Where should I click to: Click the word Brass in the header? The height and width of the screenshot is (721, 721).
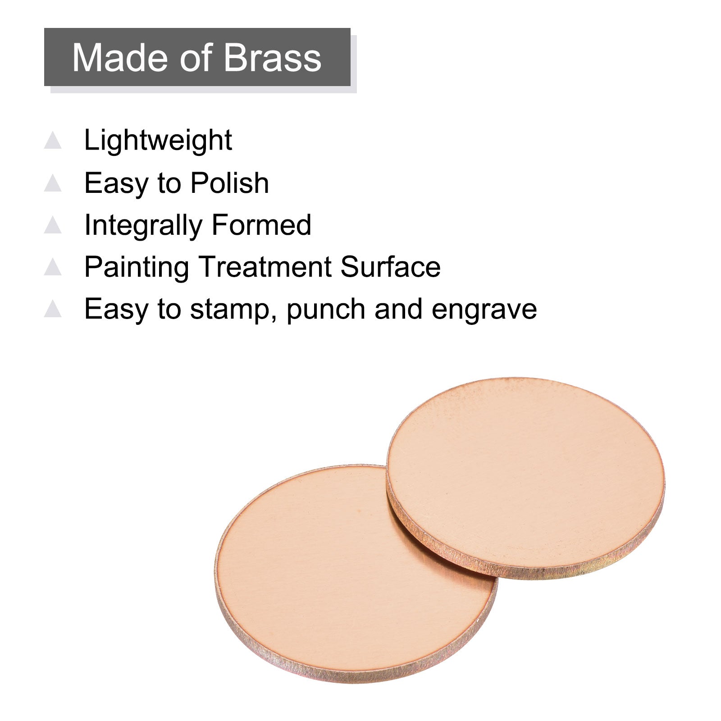click(x=272, y=58)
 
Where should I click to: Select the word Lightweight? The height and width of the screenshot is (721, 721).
click(x=158, y=141)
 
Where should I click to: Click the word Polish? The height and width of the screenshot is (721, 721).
click(x=229, y=183)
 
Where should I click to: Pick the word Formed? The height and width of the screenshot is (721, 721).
click(x=262, y=225)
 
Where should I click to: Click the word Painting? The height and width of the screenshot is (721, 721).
click(x=137, y=268)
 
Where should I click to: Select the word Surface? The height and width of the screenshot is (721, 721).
click(x=390, y=267)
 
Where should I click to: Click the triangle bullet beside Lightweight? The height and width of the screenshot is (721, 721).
click(x=53, y=140)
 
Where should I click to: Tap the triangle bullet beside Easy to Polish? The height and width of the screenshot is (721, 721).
click(x=53, y=183)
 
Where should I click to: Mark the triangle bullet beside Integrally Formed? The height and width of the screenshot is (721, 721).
click(x=53, y=225)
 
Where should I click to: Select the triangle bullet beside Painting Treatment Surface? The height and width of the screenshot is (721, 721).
click(x=53, y=267)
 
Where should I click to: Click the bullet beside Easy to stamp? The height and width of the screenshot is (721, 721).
click(x=53, y=309)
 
